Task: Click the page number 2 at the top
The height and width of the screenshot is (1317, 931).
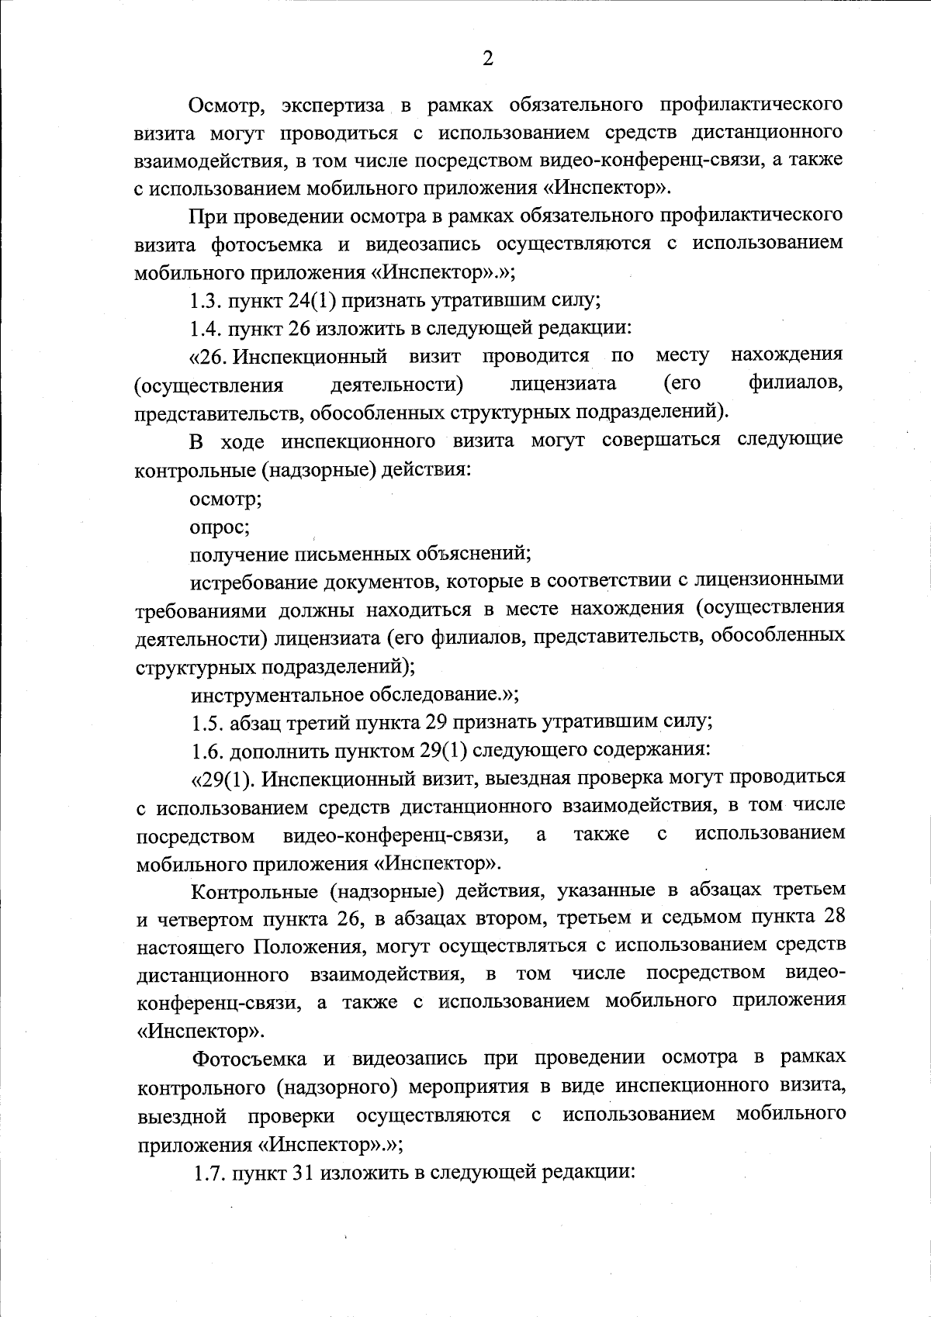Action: [x=488, y=59]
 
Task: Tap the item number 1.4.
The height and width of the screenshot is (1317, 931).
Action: [x=206, y=328]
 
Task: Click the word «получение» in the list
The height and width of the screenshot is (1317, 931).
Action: [x=238, y=555]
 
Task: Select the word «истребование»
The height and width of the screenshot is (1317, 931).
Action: [x=250, y=580]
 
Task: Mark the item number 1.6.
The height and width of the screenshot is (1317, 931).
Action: [x=207, y=750]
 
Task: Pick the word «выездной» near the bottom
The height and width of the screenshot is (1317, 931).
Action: [x=182, y=1115]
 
